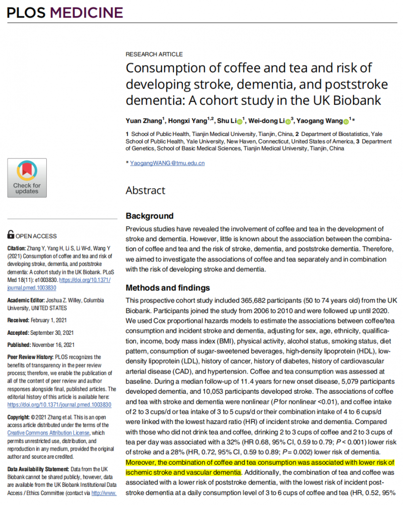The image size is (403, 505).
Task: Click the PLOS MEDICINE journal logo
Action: pyautogui.click(x=65, y=12)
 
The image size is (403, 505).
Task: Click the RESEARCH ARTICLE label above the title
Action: pyautogui.click(x=154, y=54)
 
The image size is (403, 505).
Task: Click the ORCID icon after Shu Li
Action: pyautogui.click(x=240, y=121)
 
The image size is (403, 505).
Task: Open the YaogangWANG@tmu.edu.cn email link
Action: pyautogui.click(x=167, y=163)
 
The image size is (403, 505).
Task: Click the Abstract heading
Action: pyautogui.click(x=145, y=190)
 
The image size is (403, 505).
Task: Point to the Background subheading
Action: pyautogui.click(x=149, y=216)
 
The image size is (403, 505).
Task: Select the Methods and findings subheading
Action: pyautogui.click(x=168, y=288)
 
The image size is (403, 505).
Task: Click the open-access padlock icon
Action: pyautogui.click(x=11, y=235)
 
